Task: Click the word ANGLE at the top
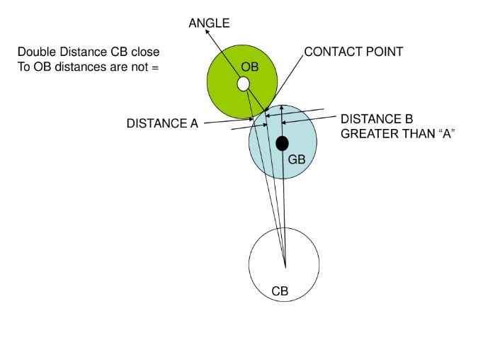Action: coord(210,24)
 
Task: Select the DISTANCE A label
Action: coord(162,123)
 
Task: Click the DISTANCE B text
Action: coord(377,119)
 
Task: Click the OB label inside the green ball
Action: coord(249,67)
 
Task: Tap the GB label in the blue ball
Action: coord(297,160)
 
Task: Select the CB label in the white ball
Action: coord(281,291)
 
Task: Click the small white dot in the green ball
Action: coord(243,84)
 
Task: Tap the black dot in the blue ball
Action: coord(282,144)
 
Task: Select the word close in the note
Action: coord(145,52)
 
